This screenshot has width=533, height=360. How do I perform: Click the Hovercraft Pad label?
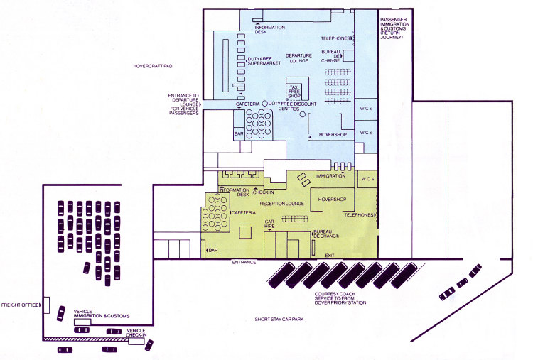click(153, 66)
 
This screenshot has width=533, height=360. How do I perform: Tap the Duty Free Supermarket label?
click(264, 61)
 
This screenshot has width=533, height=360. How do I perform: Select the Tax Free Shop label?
click(294, 92)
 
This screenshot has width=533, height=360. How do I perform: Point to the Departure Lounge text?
click(298, 58)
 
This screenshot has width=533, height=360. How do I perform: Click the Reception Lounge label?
click(282, 204)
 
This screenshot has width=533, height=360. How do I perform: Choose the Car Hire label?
click(269, 224)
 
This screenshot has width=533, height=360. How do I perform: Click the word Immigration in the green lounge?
click(330, 176)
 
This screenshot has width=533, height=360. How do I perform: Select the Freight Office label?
click(20, 305)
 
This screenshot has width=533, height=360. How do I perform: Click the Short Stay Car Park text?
click(279, 320)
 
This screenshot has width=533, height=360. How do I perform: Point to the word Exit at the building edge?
click(330, 256)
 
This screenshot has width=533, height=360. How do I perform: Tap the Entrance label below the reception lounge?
click(244, 263)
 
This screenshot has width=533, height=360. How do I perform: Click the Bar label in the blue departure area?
click(239, 133)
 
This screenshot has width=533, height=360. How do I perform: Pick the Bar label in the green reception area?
click(213, 251)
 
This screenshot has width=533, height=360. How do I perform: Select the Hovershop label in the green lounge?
click(332, 200)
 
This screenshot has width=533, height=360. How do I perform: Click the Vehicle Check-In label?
click(136, 333)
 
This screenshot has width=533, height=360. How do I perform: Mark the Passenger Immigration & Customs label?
click(394, 28)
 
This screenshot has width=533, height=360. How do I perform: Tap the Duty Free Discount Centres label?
click(292, 107)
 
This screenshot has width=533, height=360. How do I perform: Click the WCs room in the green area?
click(367, 179)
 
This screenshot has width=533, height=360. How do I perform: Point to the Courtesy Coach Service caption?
click(340, 298)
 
